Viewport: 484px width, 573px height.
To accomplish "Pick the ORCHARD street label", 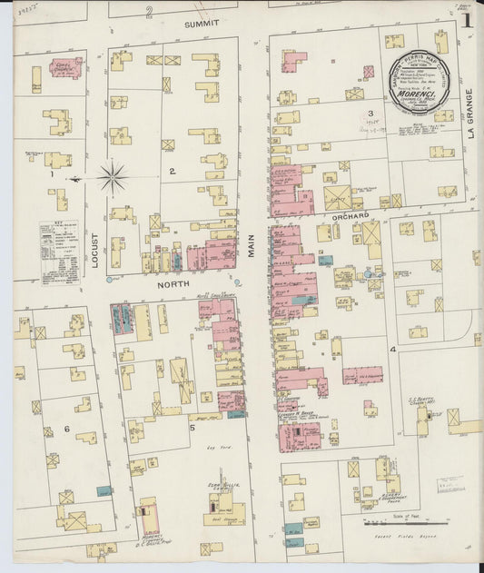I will [x=350, y=215].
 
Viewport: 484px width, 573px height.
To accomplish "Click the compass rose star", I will [x=112, y=177].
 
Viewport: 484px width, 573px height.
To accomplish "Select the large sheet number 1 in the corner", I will [x=466, y=20].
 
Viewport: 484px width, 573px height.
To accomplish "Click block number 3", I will [x=370, y=114].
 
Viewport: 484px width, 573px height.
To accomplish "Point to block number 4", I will [x=393, y=349].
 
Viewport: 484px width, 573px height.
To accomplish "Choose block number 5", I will [x=193, y=426].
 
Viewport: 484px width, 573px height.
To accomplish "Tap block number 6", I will [x=66, y=429].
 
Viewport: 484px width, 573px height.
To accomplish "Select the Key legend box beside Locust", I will [x=60, y=249].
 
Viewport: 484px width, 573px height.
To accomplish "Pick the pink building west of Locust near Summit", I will [x=65, y=66].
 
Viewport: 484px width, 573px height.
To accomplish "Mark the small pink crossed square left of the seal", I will [x=369, y=72].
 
